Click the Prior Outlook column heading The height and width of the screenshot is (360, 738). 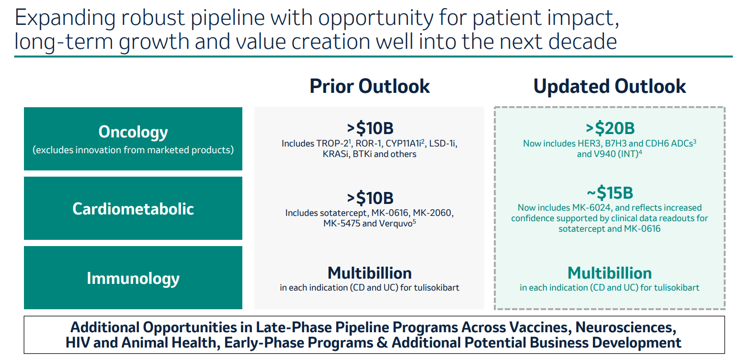pyautogui.click(x=369, y=86)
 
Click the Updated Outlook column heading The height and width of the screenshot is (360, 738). pyautogui.click(x=610, y=86)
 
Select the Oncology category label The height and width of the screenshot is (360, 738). pyautogui.click(x=133, y=132)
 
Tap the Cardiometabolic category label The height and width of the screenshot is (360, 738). pyautogui.click(x=133, y=209)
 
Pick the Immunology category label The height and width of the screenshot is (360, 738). pyautogui.click(x=133, y=279)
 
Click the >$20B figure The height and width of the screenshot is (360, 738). pyautogui.click(x=610, y=128)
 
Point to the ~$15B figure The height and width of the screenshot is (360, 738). pyautogui.click(x=610, y=192)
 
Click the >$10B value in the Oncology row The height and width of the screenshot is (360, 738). pyautogui.click(x=370, y=128)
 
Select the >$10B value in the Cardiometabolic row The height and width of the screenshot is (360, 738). pyautogui.click(x=370, y=198)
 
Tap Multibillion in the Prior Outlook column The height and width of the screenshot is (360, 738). pyautogui.click(x=370, y=273)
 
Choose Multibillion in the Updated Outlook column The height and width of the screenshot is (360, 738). pyautogui.click(x=610, y=273)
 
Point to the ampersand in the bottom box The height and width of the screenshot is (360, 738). pyautogui.click(x=382, y=343)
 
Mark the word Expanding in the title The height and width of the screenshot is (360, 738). pyautogui.click(x=65, y=18)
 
